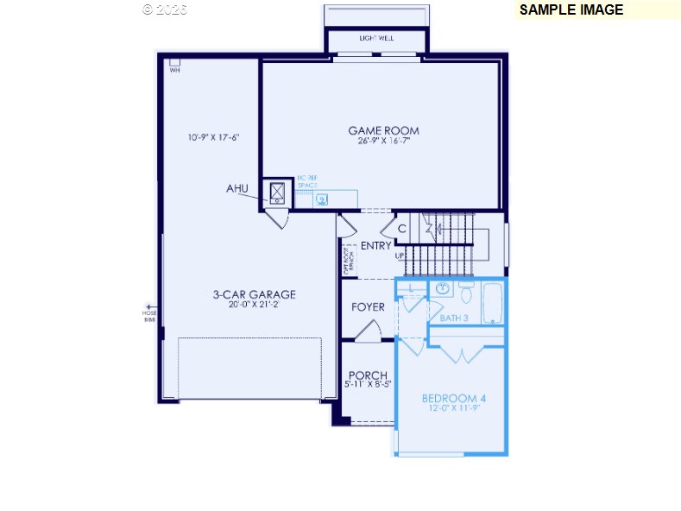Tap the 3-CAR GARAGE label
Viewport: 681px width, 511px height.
(x=254, y=294)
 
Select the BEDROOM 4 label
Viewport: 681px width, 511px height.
(x=453, y=398)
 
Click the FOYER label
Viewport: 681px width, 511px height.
(x=368, y=307)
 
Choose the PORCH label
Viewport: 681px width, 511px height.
(x=368, y=375)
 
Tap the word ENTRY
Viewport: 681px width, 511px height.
(x=375, y=246)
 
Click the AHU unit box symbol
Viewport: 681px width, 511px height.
(x=279, y=192)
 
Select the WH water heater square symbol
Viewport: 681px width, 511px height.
(x=174, y=62)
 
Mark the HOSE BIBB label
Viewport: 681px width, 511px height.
(x=149, y=315)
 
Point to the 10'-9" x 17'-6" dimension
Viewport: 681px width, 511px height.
(x=212, y=137)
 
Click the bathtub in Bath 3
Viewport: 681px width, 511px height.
(x=493, y=303)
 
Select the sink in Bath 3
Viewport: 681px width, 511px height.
(x=443, y=288)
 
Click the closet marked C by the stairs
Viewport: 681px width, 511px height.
(x=402, y=229)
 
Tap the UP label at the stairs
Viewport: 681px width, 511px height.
(x=400, y=256)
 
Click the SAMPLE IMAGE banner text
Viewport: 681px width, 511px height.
(x=571, y=10)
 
